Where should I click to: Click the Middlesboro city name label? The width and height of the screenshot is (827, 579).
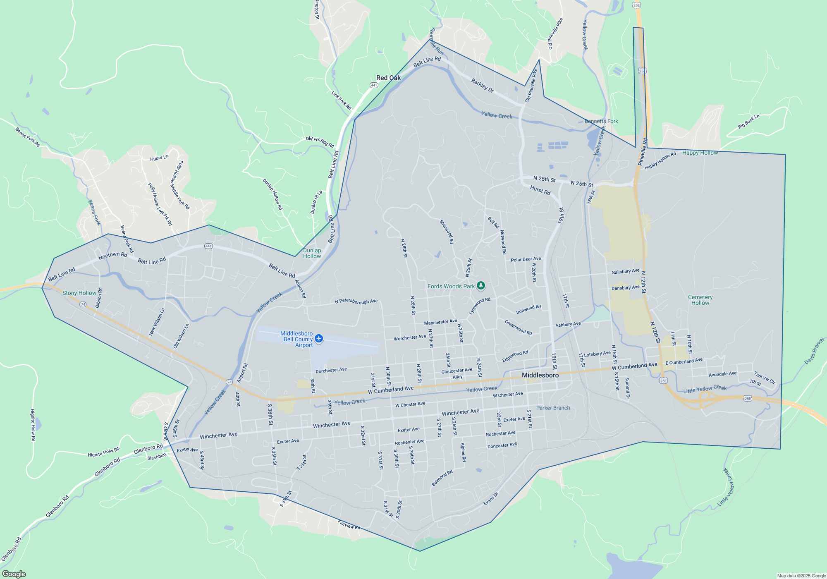click(540, 375)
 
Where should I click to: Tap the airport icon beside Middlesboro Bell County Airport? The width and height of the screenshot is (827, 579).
click(319, 339)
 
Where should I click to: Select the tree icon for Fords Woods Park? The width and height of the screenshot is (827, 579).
click(480, 285)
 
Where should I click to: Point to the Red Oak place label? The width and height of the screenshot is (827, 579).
click(388, 78)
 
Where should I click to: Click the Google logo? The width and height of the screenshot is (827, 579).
click(14, 574)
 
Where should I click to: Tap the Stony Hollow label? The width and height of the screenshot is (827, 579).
click(79, 293)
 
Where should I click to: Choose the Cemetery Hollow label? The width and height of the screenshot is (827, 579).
click(700, 300)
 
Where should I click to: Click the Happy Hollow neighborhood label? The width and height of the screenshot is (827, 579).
click(700, 153)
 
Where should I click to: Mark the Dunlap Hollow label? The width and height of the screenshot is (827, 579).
click(312, 253)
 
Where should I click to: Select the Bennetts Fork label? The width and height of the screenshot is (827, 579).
click(601, 121)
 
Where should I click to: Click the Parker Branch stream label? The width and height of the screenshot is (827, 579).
click(553, 408)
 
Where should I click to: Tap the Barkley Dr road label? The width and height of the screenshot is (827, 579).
click(483, 86)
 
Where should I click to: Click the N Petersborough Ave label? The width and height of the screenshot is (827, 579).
click(356, 301)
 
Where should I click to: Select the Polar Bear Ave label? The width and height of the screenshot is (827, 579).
click(526, 259)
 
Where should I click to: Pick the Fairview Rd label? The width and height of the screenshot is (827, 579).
click(349, 525)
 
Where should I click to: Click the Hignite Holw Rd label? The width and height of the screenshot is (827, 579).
click(103, 452)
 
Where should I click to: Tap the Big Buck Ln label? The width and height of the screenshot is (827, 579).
click(749, 122)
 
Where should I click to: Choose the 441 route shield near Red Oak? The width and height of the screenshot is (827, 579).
click(374, 85)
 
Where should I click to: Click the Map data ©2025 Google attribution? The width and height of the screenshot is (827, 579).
click(801, 576)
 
